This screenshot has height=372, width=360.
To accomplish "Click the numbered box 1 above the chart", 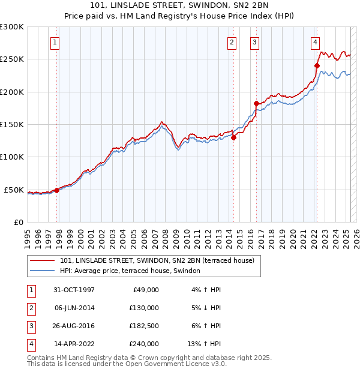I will (x=55, y=42).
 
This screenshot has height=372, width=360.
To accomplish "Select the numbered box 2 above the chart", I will (x=232, y=42).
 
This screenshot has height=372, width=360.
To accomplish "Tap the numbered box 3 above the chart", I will (x=255, y=42).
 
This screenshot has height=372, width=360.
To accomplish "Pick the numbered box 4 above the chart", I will (x=315, y=42).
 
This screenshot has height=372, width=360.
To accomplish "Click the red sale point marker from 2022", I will (x=317, y=65).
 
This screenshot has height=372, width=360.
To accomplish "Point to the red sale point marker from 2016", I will (x=256, y=103).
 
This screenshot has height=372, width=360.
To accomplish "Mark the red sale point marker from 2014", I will (x=233, y=137).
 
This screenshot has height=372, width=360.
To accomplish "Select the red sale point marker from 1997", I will (x=57, y=190).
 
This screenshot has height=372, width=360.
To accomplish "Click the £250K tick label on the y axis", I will (x=12, y=59).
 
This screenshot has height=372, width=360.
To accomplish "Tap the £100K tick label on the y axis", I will (x=12, y=157).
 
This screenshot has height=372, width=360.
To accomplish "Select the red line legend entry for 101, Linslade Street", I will (x=157, y=260).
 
